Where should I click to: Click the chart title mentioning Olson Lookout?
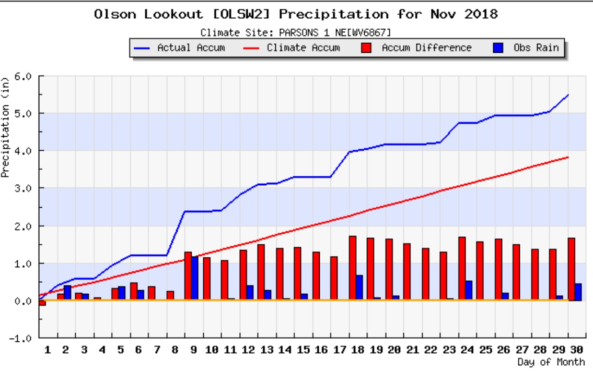coord(296,14)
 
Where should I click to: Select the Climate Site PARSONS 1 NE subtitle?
coord(296,32)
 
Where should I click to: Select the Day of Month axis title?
coord(551,362)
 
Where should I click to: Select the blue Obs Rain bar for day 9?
coord(195,279)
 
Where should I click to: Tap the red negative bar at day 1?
coord(42,303)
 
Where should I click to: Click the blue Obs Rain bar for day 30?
coord(578,292)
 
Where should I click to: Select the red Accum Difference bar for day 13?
coord(261,272)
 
